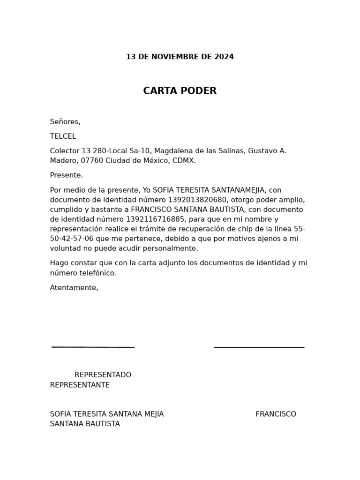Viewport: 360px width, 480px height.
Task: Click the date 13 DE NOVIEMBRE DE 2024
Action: tap(180, 57)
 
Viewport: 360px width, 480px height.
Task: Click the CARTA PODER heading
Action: tap(180, 91)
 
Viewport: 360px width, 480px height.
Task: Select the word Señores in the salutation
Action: tap(64, 122)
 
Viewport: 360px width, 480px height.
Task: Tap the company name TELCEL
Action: tap(63, 136)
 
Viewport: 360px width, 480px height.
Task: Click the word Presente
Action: tap(66, 175)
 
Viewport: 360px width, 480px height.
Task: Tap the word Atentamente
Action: tap(74, 288)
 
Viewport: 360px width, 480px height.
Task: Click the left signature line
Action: tap(93, 347)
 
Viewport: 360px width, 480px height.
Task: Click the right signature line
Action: tap(259, 348)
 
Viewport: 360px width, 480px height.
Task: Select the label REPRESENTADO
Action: tap(103, 375)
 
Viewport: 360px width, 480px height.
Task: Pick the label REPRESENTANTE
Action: tap(80, 385)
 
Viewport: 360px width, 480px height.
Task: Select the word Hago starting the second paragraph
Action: tap(59, 263)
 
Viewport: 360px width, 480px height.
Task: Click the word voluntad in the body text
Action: tap(65, 248)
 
